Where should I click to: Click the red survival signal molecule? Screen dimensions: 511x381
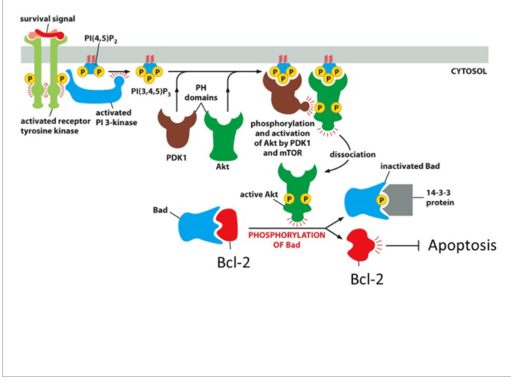pyautogui.click(x=49, y=34)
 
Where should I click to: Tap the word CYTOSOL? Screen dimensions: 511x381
pyautogui.click(x=469, y=71)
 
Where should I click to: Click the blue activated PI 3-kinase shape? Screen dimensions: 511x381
pyautogui.click(x=94, y=88)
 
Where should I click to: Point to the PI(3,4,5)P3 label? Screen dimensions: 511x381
pyautogui.click(x=151, y=91)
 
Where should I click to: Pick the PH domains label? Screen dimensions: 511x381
pyautogui.click(x=201, y=92)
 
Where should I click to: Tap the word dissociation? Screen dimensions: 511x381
pyautogui.click(x=352, y=154)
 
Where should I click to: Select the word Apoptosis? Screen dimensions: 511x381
pyautogui.click(x=462, y=245)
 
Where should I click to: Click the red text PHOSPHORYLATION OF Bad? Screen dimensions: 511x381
pyautogui.click(x=287, y=240)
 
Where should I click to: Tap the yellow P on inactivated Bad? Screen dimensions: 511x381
pyautogui.click(x=381, y=200)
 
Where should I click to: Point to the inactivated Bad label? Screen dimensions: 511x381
pyautogui.click(x=410, y=166)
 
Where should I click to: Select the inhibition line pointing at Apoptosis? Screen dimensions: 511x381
pyautogui.click(x=402, y=245)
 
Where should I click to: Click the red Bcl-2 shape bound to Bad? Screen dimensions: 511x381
pyautogui.click(x=226, y=225)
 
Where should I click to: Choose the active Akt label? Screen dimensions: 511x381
pyautogui.click(x=259, y=194)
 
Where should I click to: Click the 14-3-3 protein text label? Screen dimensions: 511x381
pyautogui.click(x=440, y=198)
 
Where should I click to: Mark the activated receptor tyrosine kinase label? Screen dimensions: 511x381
pyautogui.click(x=55, y=126)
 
